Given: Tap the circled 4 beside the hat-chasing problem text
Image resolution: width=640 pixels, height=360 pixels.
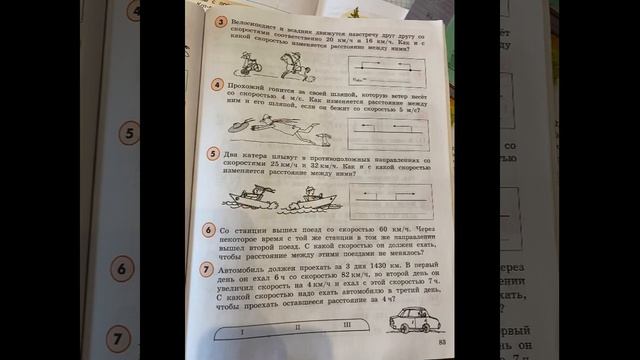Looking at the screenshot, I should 217,87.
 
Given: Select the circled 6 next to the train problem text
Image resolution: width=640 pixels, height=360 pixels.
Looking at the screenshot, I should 206,230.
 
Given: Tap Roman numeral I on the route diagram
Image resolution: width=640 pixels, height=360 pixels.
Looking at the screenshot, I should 241,327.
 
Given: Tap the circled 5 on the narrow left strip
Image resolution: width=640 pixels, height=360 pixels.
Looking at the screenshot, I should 129,132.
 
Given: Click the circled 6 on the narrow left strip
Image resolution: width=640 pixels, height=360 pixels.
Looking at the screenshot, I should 121,269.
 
